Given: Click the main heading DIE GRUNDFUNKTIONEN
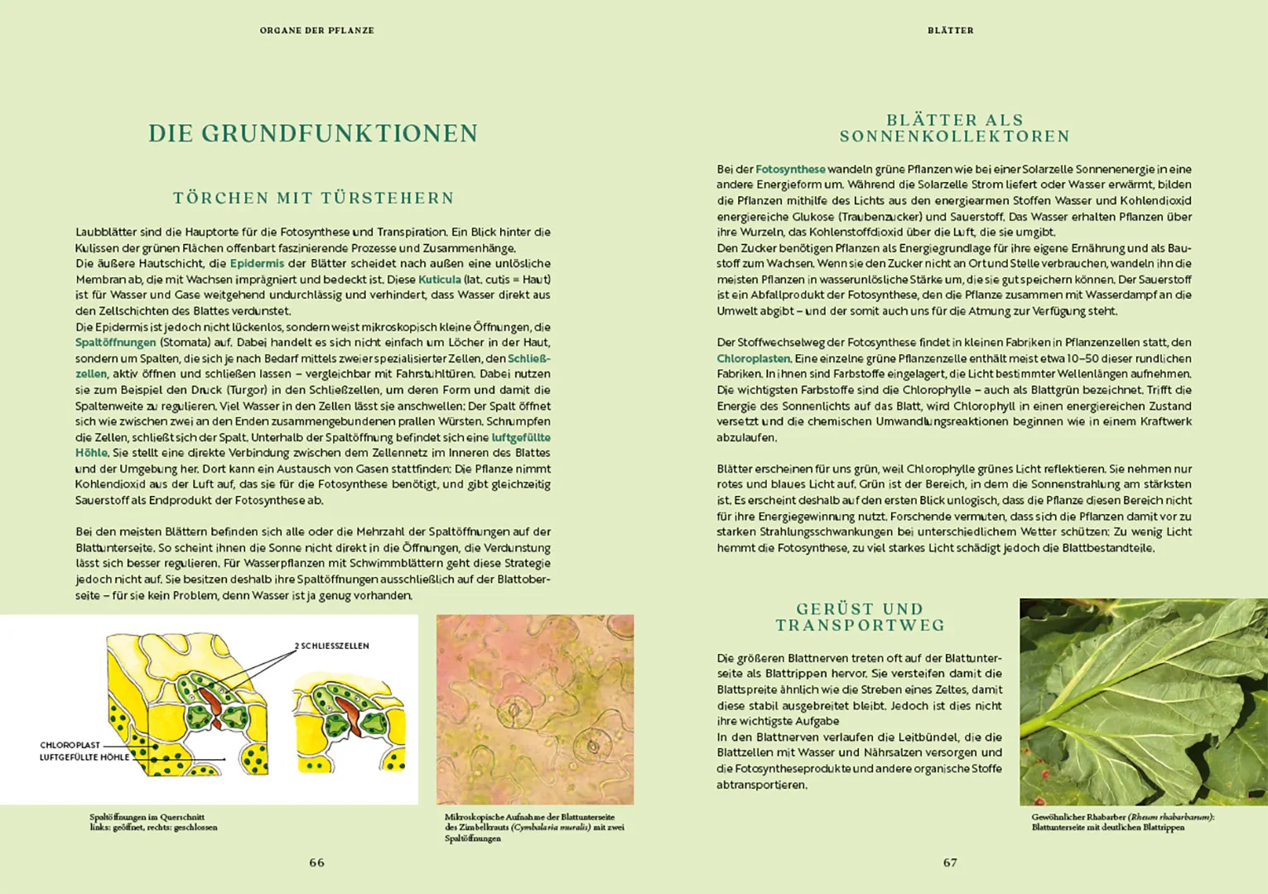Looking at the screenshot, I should pos(312,134).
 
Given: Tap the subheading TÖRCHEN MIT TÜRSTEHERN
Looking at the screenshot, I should pos(313,198).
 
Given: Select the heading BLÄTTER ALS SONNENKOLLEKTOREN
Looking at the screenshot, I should pos(954,128).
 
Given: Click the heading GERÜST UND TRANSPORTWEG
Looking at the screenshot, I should pos(860,618).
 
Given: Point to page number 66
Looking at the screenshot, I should pos(316,863).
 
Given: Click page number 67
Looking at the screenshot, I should pos(950,863).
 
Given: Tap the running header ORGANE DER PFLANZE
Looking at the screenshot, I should pos(316,31).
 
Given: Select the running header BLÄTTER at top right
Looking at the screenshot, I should pos(950,31).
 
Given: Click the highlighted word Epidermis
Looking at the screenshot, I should pos(257,263).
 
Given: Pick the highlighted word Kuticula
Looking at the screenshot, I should pos(439,280).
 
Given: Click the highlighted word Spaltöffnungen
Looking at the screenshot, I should pos(115,343).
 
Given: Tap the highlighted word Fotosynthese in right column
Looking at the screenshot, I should pos(790,169).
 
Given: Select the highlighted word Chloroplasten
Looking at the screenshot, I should pos(754,358).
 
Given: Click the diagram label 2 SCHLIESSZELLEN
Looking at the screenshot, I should pos(331,646).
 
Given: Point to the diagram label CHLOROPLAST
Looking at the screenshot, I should pos(70,745).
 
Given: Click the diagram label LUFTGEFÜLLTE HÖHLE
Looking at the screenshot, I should pos(84,757).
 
